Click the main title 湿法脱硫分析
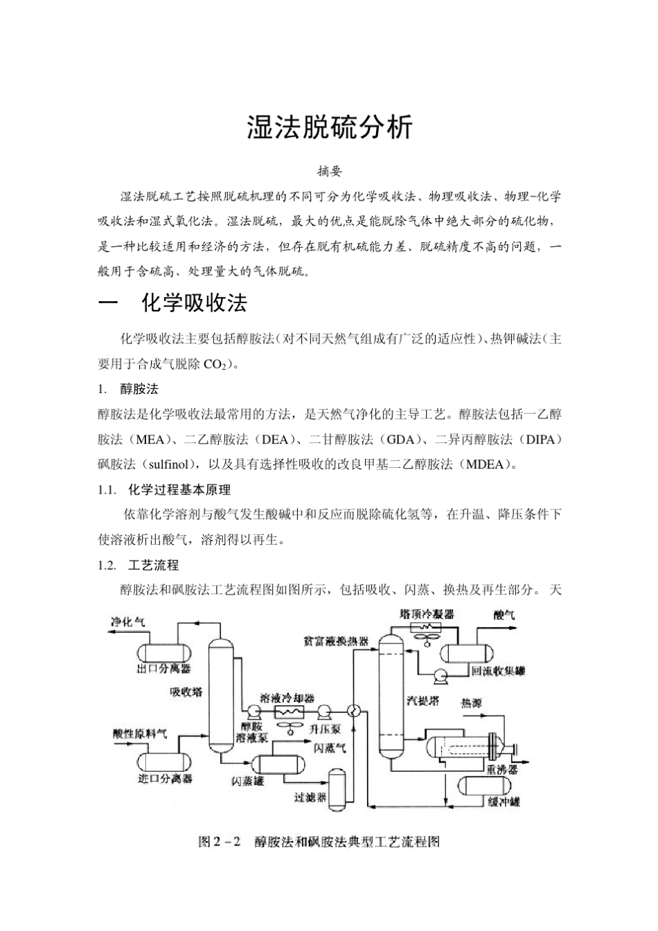329,129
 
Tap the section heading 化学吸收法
193,303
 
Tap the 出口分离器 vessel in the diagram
163,651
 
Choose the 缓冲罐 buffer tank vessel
487,786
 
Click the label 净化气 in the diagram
127,621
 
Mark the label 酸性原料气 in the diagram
140,734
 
